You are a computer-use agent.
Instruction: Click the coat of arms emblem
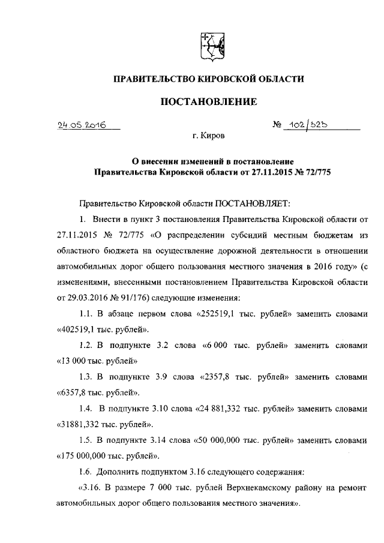pos(211,46)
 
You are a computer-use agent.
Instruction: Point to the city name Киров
pos(214,137)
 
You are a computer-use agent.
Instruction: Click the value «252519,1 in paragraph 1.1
pos(218,314)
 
